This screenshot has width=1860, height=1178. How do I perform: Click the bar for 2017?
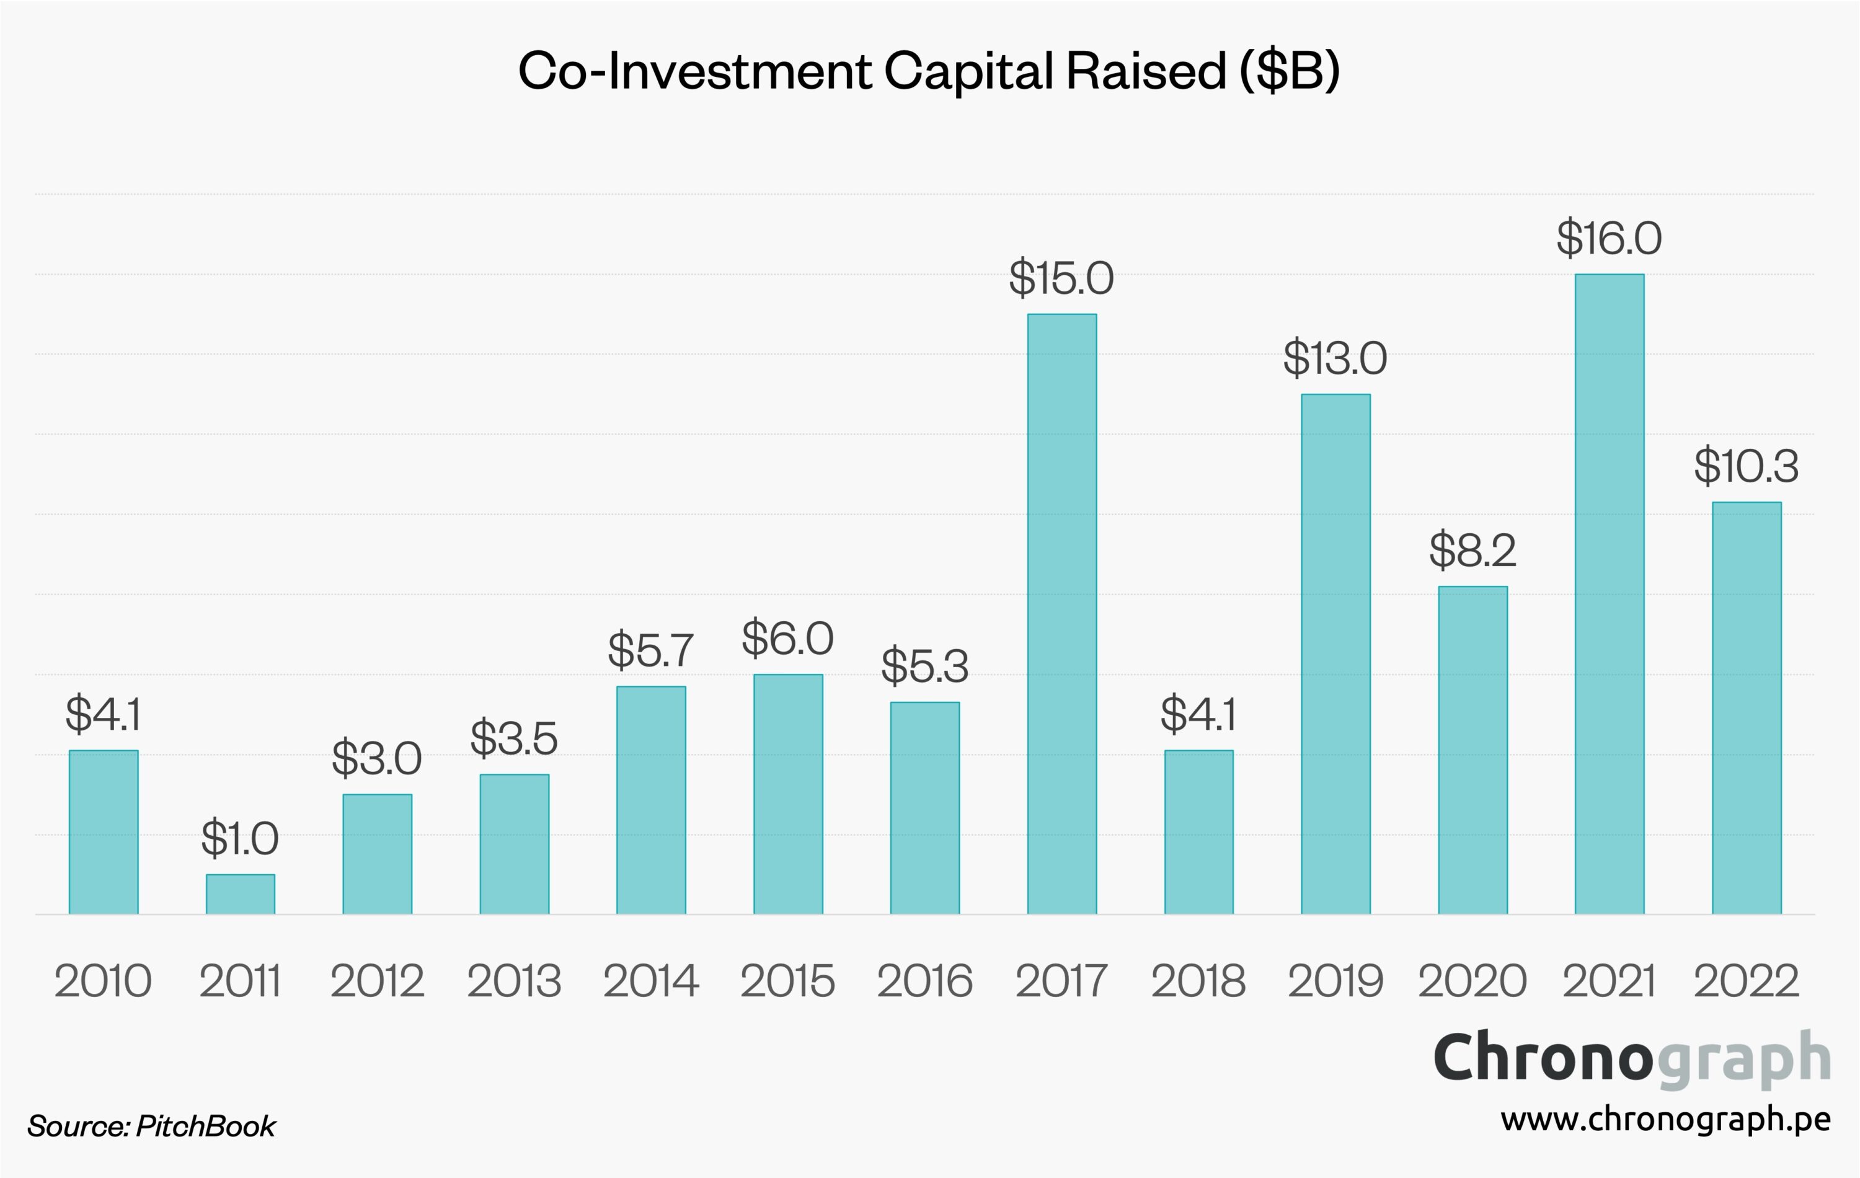[1061, 614]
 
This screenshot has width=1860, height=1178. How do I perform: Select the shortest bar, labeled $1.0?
[240, 895]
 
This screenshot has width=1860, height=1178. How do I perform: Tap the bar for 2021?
[1609, 594]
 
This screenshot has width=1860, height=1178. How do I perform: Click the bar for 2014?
[650, 800]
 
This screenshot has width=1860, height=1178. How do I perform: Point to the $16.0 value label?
[1609, 238]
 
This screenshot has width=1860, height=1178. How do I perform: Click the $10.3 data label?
[1747, 467]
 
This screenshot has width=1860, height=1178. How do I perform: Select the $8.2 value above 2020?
[1472, 551]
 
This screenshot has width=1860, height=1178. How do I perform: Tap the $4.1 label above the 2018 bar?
[1198, 714]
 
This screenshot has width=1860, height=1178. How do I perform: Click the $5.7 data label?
[650, 650]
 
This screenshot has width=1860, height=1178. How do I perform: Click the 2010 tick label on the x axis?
[104, 982]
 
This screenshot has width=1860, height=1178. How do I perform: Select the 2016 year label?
[924, 982]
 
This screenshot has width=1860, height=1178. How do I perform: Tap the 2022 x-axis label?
[1747, 982]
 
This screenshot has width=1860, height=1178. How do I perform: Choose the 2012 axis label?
[377, 982]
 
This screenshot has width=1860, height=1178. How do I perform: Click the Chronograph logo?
[1631, 1058]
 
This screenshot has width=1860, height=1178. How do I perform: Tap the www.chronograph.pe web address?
[1665, 1119]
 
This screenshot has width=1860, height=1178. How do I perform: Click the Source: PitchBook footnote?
[151, 1127]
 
